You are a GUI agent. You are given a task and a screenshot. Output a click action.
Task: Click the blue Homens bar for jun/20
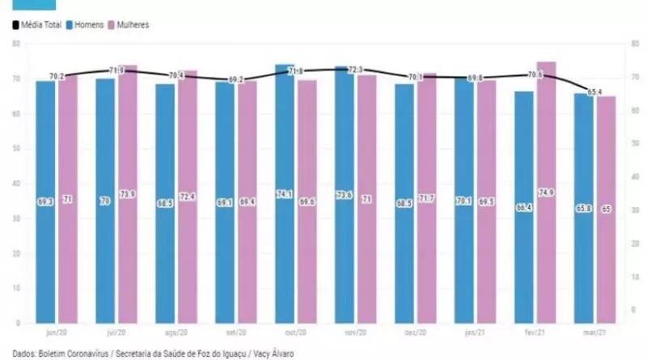[x=45, y=202]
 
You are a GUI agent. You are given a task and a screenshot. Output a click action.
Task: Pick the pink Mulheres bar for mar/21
[x=606, y=210]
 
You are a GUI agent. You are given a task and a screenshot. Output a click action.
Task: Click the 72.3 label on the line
[x=354, y=70]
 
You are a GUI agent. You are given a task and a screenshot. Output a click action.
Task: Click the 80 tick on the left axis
[x=16, y=43]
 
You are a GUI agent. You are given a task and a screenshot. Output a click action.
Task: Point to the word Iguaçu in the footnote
[x=233, y=354]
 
